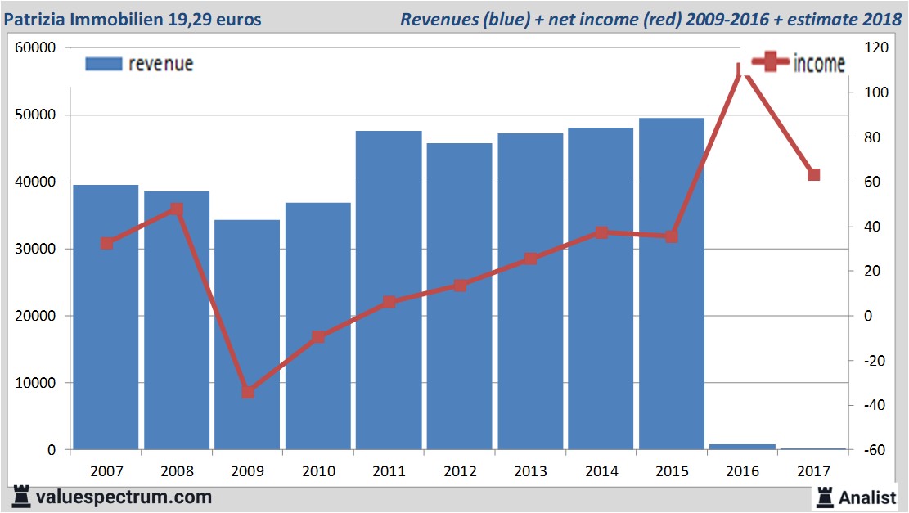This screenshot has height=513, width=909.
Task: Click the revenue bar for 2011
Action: [389, 290]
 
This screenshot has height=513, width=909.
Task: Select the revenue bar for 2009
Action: [247, 335]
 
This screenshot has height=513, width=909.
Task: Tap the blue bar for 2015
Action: [671, 283]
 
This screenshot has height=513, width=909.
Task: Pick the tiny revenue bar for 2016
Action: [742, 447]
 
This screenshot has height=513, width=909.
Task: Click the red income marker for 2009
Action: [248, 392]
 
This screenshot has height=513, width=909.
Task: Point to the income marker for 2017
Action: [813, 174]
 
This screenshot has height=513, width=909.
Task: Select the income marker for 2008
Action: [177, 209]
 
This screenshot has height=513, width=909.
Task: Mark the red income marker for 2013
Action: [530, 259]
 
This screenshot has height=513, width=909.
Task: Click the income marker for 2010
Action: [318, 336]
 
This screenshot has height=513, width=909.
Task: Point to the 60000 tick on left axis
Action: [35, 48]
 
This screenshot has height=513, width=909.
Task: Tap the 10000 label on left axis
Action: [35, 383]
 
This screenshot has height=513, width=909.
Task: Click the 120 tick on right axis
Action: [867, 48]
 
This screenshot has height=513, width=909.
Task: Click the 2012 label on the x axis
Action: [459, 471]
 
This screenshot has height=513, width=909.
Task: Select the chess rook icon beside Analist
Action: [824, 497]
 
